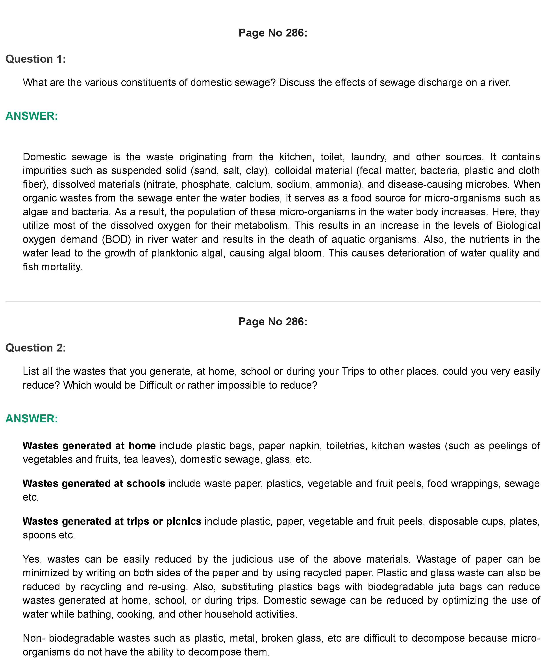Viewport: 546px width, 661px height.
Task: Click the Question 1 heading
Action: (35, 59)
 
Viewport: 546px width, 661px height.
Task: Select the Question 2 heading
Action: (35, 348)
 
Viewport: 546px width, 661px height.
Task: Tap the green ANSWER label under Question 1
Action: (32, 116)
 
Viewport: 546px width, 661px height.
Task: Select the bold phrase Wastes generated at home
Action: (89, 446)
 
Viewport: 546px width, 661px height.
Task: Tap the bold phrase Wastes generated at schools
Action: (94, 483)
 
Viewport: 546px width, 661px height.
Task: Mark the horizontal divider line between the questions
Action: (273, 302)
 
